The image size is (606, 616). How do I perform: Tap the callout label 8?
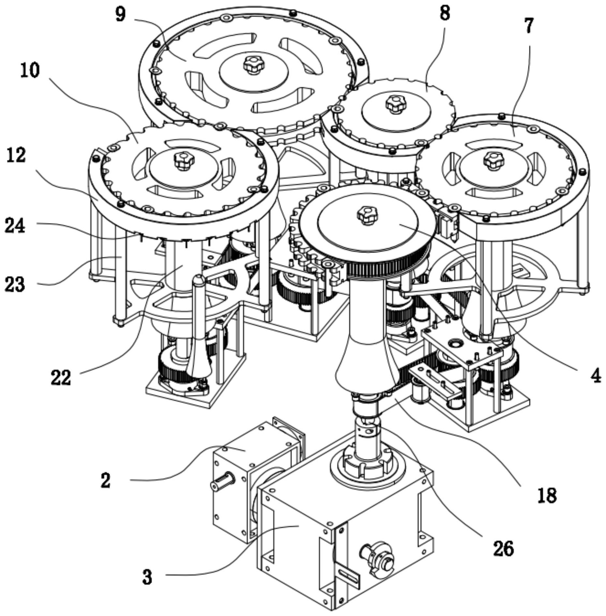445,13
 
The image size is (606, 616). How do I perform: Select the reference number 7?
529,26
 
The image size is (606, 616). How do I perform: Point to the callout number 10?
30,71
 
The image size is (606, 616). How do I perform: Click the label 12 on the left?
16,155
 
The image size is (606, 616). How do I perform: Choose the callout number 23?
15,284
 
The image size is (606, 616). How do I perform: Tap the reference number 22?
61,378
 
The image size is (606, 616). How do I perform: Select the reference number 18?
547,496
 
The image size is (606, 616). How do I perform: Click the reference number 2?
105,480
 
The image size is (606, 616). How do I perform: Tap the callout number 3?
147,577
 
